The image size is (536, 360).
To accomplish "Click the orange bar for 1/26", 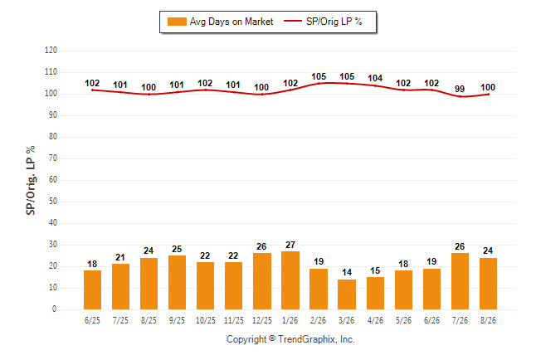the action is click(290, 280).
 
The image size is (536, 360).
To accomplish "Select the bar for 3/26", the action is click(347, 294).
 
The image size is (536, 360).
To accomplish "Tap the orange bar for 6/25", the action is click(92, 290).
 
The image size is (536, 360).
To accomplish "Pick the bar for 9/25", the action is click(177, 282).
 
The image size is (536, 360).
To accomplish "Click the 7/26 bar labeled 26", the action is click(460, 281).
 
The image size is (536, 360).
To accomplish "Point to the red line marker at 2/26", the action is click(319, 84).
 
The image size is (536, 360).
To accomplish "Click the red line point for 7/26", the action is click(460, 96).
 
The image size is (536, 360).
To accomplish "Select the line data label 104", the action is click(375, 78).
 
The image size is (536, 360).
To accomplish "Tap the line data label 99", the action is click(460, 89).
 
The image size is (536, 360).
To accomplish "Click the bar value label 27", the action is click(290, 245).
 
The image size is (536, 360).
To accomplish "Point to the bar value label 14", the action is click(347, 272).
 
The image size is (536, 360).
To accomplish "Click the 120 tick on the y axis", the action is click(51, 51).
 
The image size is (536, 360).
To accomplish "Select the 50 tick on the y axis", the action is click(52, 202).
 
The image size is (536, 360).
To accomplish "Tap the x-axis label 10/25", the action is click(206, 320).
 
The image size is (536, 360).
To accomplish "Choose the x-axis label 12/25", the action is click(262, 320).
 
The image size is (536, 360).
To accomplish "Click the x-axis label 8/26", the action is click(488, 320).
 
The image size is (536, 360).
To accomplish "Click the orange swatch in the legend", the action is click(177, 22).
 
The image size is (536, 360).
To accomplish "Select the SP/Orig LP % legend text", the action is click(334, 22).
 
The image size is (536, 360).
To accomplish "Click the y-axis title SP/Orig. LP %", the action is click(31, 180).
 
